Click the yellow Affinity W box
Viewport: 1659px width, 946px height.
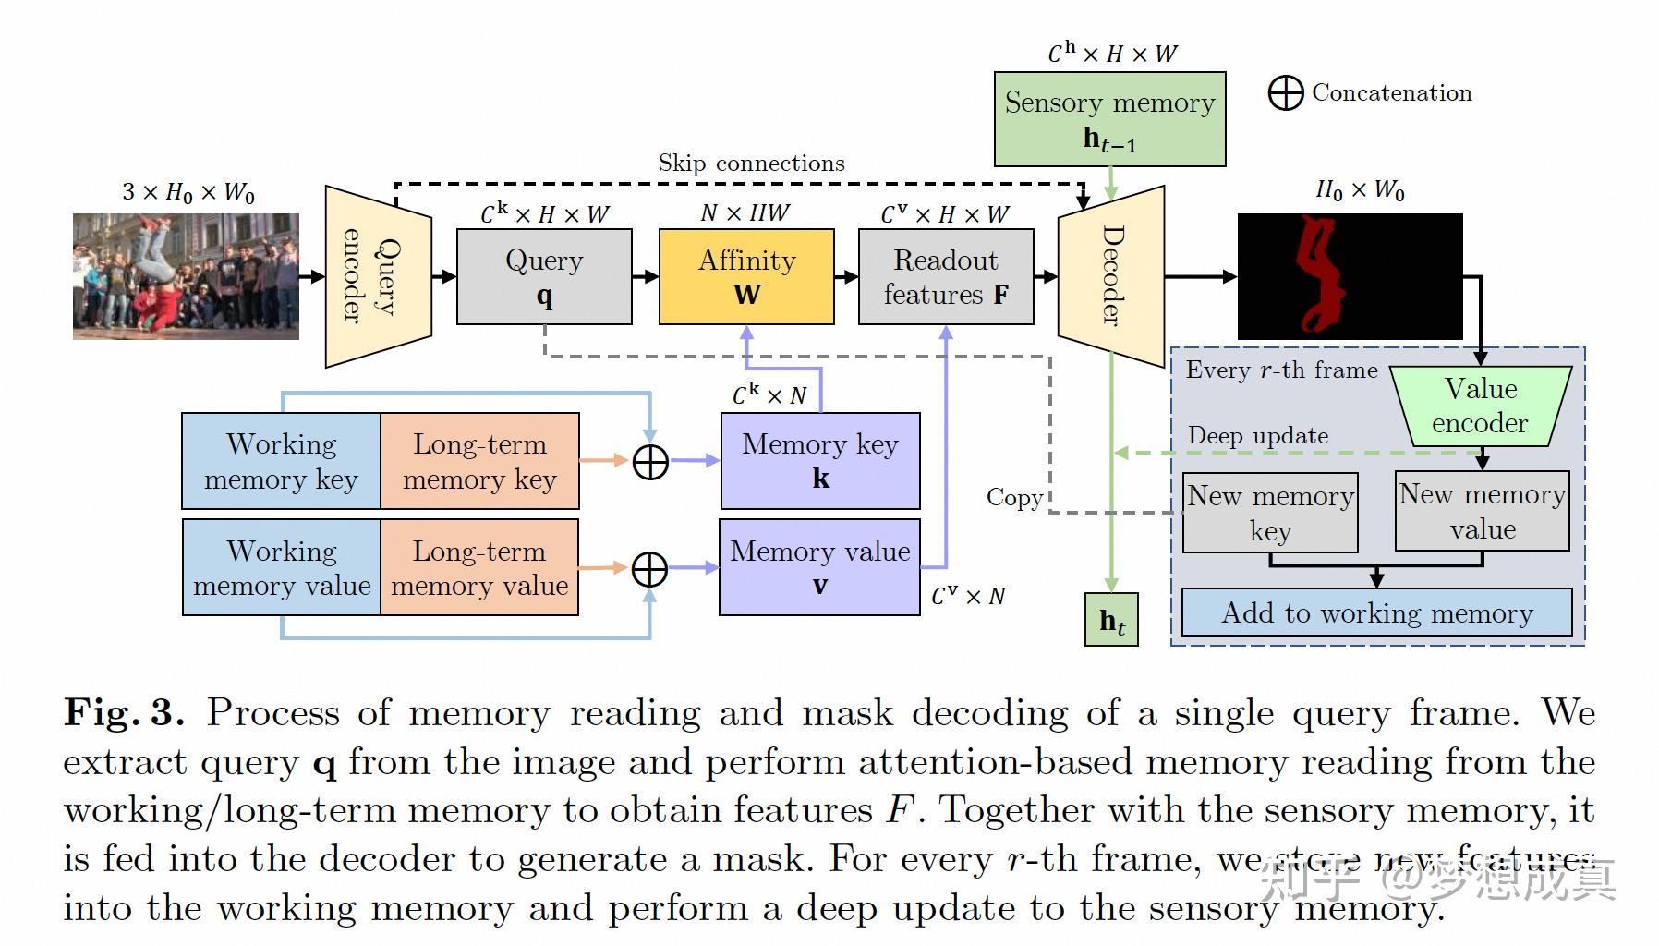(746, 277)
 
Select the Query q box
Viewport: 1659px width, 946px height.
(544, 277)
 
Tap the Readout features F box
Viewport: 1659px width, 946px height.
(946, 277)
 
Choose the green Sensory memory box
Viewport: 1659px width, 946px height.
(1109, 119)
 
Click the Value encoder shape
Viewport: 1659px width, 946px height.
(1481, 406)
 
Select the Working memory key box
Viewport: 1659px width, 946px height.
(281, 461)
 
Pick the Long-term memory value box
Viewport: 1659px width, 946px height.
(479, 567)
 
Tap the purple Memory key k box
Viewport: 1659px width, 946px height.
(820, 461)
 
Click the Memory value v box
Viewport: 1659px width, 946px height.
(819, 567)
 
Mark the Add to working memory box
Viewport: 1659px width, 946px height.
(1376, 612)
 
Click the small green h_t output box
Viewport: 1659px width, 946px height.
(1111, 620)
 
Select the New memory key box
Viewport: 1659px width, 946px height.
(1270, 513)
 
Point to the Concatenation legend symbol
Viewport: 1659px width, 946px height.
(1285, 93)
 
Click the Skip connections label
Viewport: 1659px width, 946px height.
(751, 164)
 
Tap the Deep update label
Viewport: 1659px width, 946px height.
(1258, 435)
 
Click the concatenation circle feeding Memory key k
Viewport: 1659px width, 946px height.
(650, 461)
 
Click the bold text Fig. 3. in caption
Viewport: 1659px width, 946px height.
(124, 713)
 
